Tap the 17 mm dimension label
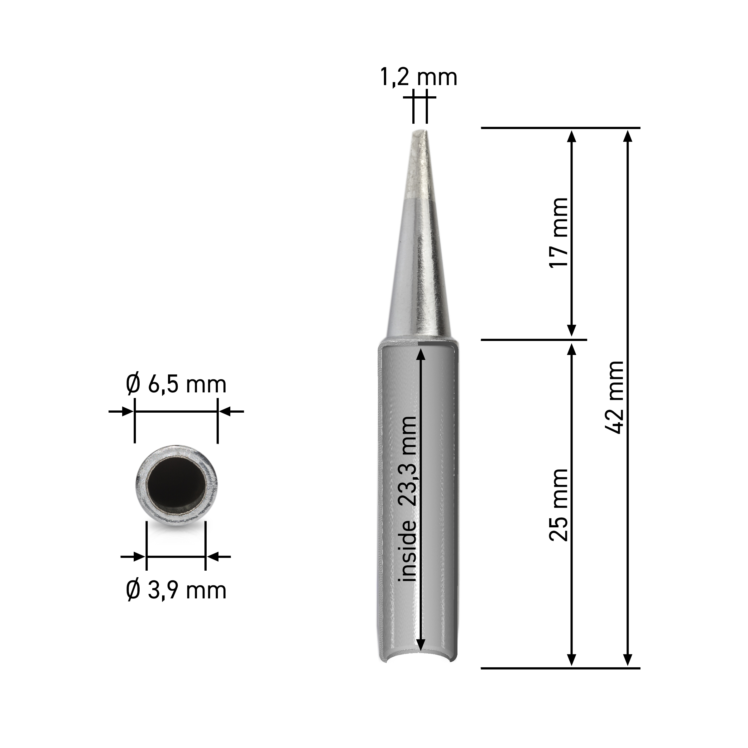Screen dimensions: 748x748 [558, 232]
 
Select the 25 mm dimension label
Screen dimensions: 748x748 [558, 505]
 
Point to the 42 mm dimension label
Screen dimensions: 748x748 [614, 397]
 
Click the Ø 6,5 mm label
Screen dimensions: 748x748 [176, 385]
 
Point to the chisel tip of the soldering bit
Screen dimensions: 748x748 [420, 132]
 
